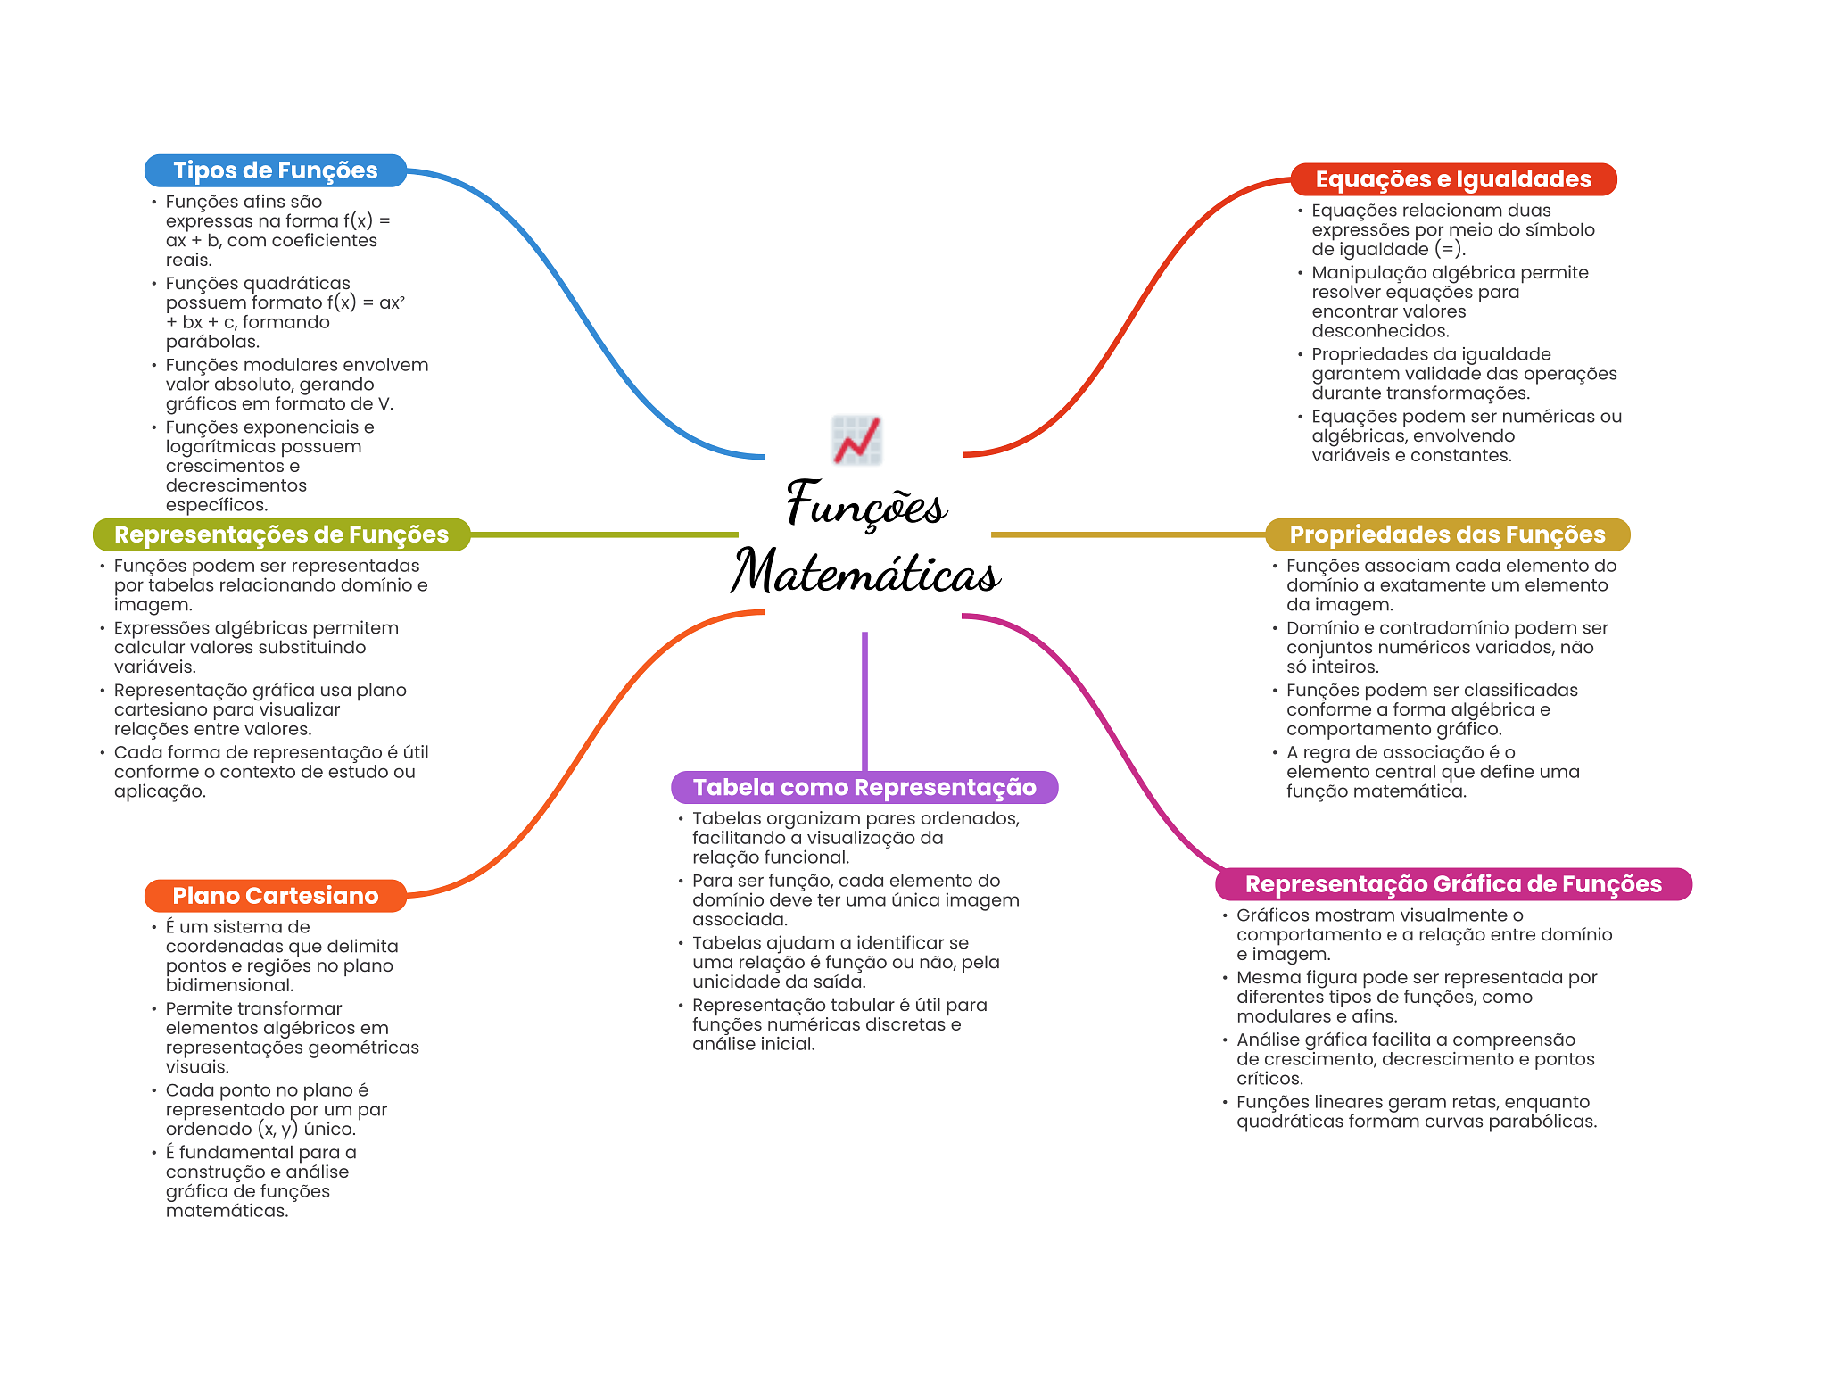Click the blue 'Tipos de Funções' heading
point(276,170)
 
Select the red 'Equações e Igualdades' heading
point(1453,179)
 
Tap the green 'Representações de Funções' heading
point(281,534)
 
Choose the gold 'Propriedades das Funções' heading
point(1447,534)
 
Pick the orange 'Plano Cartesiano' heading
point(276,896)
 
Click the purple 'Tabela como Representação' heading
point(864,787)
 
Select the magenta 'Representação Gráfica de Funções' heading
point(1453,884)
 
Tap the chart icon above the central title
point(857,440)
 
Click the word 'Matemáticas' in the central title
point(865,572)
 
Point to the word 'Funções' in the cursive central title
point(866,503)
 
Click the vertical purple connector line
point(864,701)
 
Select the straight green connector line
point(604,534)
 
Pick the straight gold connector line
point(1128,534)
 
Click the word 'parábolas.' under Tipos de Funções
point(212,342)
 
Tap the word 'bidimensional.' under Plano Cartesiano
point(229,985)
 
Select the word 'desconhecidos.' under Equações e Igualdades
point(1380,331)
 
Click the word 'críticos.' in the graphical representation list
point(1269,1079)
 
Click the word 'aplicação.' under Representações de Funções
point(160,791)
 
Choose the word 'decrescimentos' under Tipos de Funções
point(236,485)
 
